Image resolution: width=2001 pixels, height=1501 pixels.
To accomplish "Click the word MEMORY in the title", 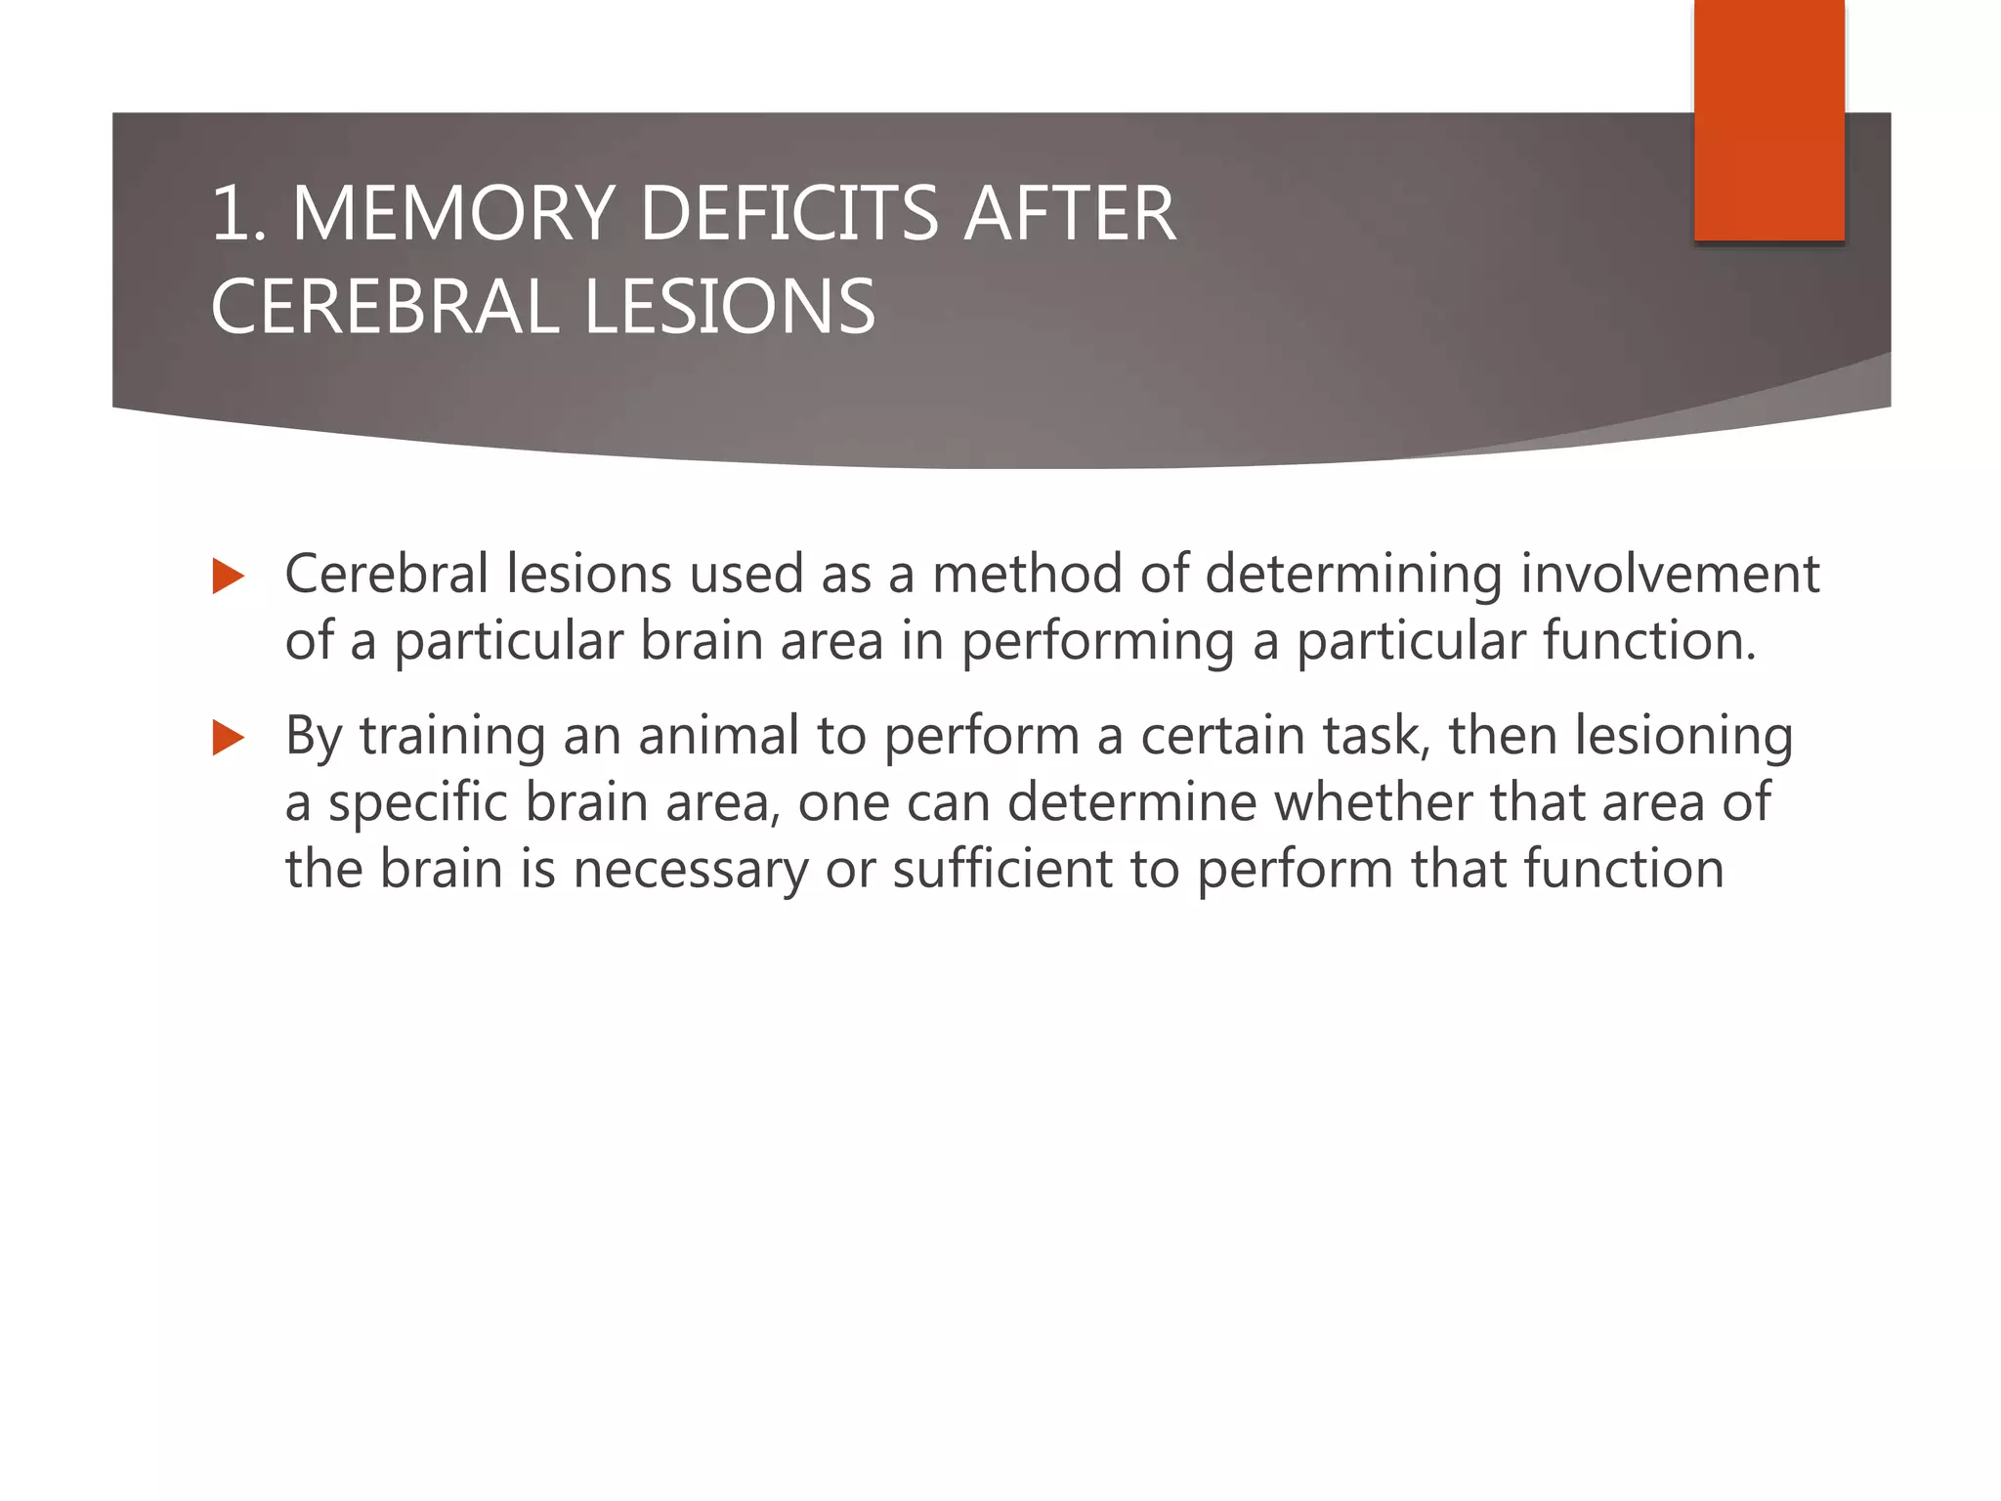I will pos(452,213).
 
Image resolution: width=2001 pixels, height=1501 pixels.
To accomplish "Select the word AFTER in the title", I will pos(1070,213).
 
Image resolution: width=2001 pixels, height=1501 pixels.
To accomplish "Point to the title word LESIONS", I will pos(729,307).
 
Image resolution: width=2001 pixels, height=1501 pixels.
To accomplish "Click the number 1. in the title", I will pos(238,213).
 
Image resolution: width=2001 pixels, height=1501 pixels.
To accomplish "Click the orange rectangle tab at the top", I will pos(1768,119).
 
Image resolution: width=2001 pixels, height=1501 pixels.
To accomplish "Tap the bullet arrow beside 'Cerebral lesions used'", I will pos(228,577).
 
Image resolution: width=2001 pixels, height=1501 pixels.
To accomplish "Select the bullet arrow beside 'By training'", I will pos(228,738).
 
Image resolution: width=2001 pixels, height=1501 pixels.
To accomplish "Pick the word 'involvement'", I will pos(1670,574).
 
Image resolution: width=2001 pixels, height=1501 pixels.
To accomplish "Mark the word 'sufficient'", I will pos(1002,869).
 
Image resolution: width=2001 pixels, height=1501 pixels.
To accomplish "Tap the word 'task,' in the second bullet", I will pos(1377,737).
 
